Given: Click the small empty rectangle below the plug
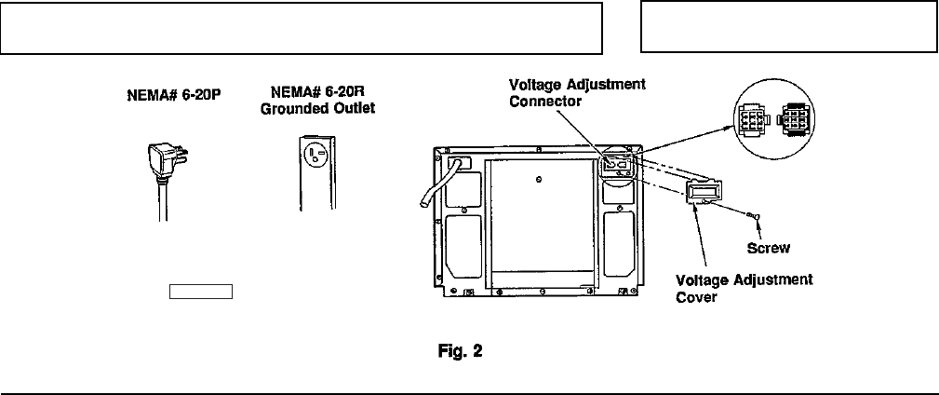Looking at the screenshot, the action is pyautogui.click(x=199, y=291).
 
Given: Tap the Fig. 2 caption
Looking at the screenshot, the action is pyautogui.click(x=462, y=352).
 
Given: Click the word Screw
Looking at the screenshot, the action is pyautogui.click(x=769, y=248).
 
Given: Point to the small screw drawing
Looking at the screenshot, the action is pyautogui.click(x=755, y=217).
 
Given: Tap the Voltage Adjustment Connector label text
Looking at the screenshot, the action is pyautogui.click(x=577, y=92).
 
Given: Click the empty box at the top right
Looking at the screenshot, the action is pyautogui.click(x=787, y=27).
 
